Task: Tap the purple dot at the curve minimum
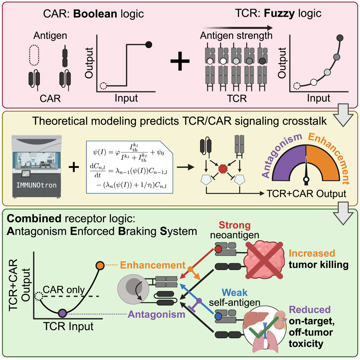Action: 62,313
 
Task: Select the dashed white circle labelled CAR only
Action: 38,297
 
